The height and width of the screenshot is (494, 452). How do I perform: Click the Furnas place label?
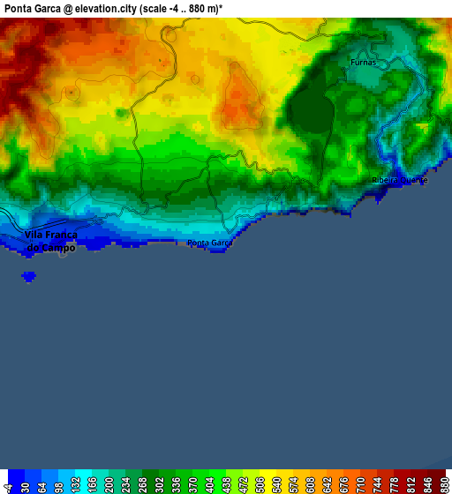point(363,63)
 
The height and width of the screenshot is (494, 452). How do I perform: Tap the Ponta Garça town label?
point(210,243)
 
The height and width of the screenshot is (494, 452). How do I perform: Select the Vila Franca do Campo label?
point(51,241)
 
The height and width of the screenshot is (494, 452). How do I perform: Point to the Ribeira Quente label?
point(399,180)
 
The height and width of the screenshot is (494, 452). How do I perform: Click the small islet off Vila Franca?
point(29,276)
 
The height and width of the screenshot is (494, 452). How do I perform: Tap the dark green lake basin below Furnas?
point(309,112)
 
